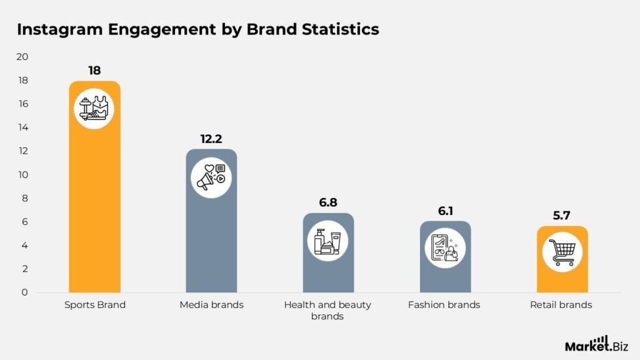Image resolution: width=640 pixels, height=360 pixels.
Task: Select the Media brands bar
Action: tap(211, 244)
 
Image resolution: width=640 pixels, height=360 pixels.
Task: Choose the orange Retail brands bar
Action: tap(562, 278)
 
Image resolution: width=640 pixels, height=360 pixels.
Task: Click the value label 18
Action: tap(94, 71)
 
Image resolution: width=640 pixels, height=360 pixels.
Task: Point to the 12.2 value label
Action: tap(211, 139)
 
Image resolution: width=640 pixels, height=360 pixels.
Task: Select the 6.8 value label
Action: tap(328, 202)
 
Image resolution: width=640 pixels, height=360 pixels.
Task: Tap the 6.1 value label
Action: tap(445, 211)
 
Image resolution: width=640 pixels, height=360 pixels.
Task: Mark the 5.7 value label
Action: tap(562, 216)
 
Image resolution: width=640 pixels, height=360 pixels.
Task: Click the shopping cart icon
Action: tap(562, 252)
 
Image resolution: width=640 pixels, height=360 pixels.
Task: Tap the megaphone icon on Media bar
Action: tap(211, 177)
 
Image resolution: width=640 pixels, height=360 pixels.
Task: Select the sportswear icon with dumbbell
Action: tap(94, 109)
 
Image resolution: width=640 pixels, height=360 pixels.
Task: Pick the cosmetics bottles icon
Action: tap(328, 241)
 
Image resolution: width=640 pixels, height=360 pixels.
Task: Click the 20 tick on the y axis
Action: tap(22, 57)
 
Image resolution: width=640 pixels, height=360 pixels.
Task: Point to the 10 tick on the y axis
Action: tap(22, 175)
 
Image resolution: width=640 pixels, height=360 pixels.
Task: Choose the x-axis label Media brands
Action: tap(211, 305)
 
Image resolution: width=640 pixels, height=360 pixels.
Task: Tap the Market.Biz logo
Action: tap(596, 344)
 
